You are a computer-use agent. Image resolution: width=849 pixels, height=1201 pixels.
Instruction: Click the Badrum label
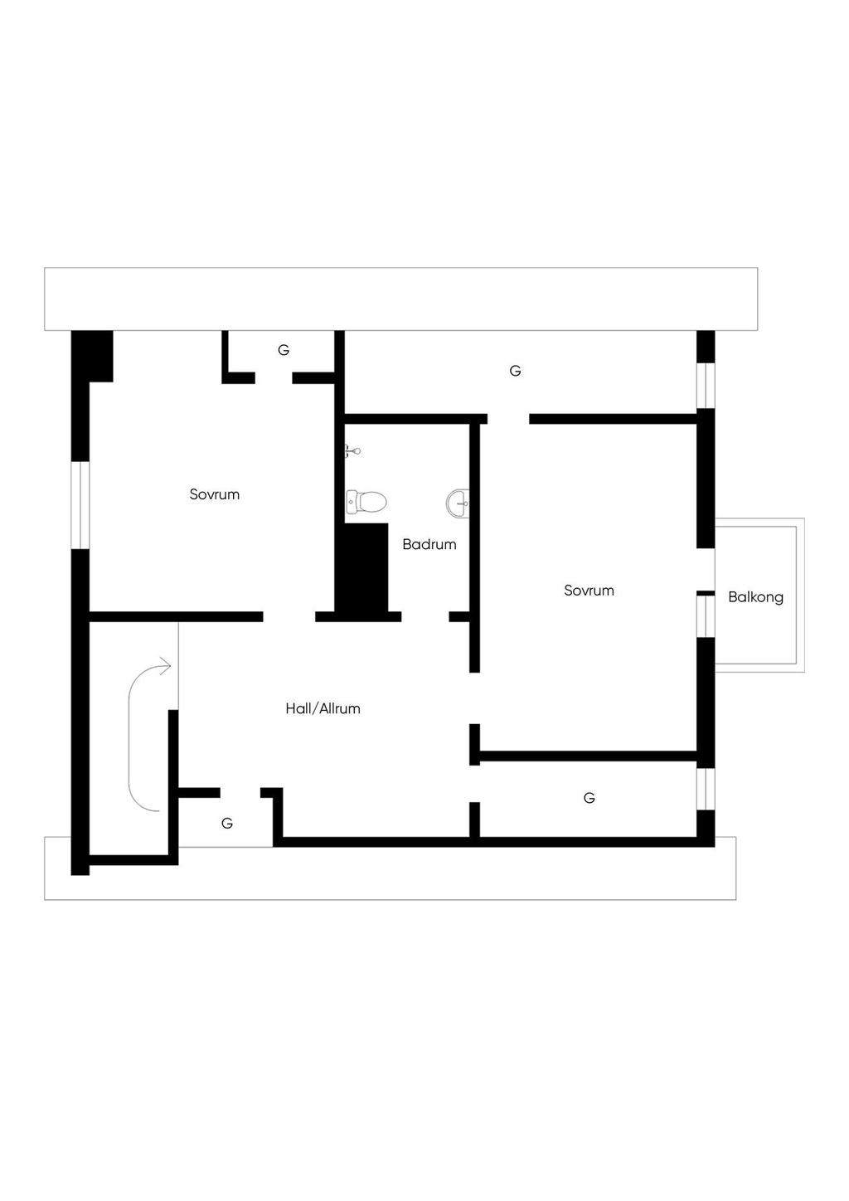tap(429, 545)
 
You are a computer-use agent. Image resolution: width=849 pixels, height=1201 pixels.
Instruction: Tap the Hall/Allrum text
tap(323, 708)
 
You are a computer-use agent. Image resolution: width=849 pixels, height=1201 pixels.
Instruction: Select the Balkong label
tap(755, 597)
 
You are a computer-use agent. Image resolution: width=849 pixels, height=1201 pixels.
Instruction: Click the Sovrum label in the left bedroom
tap(215, 494)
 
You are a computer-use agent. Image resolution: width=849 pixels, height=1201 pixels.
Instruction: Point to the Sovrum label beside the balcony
tap(589, 591)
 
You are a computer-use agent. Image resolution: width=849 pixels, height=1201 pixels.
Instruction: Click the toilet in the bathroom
tap(366, 502)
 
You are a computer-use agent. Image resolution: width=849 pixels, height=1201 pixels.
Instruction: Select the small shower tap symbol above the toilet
tap(352, 451)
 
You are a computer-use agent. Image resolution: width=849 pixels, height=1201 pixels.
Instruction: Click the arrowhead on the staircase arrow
tap(165, 665)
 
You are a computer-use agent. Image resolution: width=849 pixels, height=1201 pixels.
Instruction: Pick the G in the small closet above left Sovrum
tap(284, 350)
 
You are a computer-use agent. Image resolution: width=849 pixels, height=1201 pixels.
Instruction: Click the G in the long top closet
tap(515, 371)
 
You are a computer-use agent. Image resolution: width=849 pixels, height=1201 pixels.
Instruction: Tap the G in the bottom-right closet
tap(589, 798)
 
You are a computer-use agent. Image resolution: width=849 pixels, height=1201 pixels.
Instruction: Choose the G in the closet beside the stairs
tap(227, 824)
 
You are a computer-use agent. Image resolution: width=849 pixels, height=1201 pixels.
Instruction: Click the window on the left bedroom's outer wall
tap(80, 505)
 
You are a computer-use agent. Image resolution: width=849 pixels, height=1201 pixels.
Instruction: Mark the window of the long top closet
tap(705, 386)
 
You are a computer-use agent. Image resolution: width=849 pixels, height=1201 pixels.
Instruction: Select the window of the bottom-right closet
tap(705, 789)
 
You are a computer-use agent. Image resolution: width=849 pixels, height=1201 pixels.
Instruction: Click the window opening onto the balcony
tap(705, 615)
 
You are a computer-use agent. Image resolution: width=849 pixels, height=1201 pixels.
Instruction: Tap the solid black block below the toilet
tap(361, 568)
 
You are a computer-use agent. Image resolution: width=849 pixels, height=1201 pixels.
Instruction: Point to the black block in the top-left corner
tap(92, 356)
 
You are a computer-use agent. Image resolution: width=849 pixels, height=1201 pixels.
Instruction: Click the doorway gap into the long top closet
tap(508, 419)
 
